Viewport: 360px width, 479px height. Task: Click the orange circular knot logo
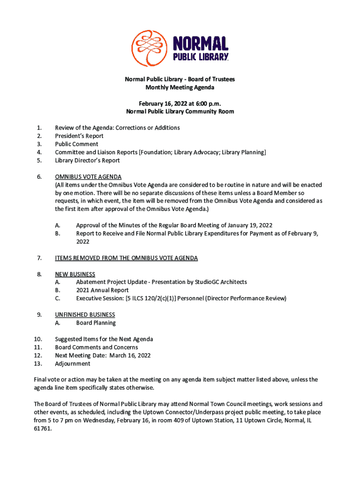click(149, 48)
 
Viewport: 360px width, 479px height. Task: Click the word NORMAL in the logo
click(201, 44)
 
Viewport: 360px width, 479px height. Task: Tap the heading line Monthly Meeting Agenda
click(180, 87)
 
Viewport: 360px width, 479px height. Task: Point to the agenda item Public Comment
click(77, 144)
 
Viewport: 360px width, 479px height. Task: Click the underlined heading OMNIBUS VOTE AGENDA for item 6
click(88, 177)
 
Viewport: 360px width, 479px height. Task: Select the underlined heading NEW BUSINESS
click(75, 274)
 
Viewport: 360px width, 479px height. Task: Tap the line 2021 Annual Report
click(103, 290)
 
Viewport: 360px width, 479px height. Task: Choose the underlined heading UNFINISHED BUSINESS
click(85, 315)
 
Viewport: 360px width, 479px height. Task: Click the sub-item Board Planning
click(96, 323)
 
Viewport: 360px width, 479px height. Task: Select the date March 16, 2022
click(130, 356)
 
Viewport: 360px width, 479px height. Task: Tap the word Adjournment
click(72, 363)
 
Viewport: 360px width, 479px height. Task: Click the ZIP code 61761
click(42, 428)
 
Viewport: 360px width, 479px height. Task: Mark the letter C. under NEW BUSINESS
click(58, 298)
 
